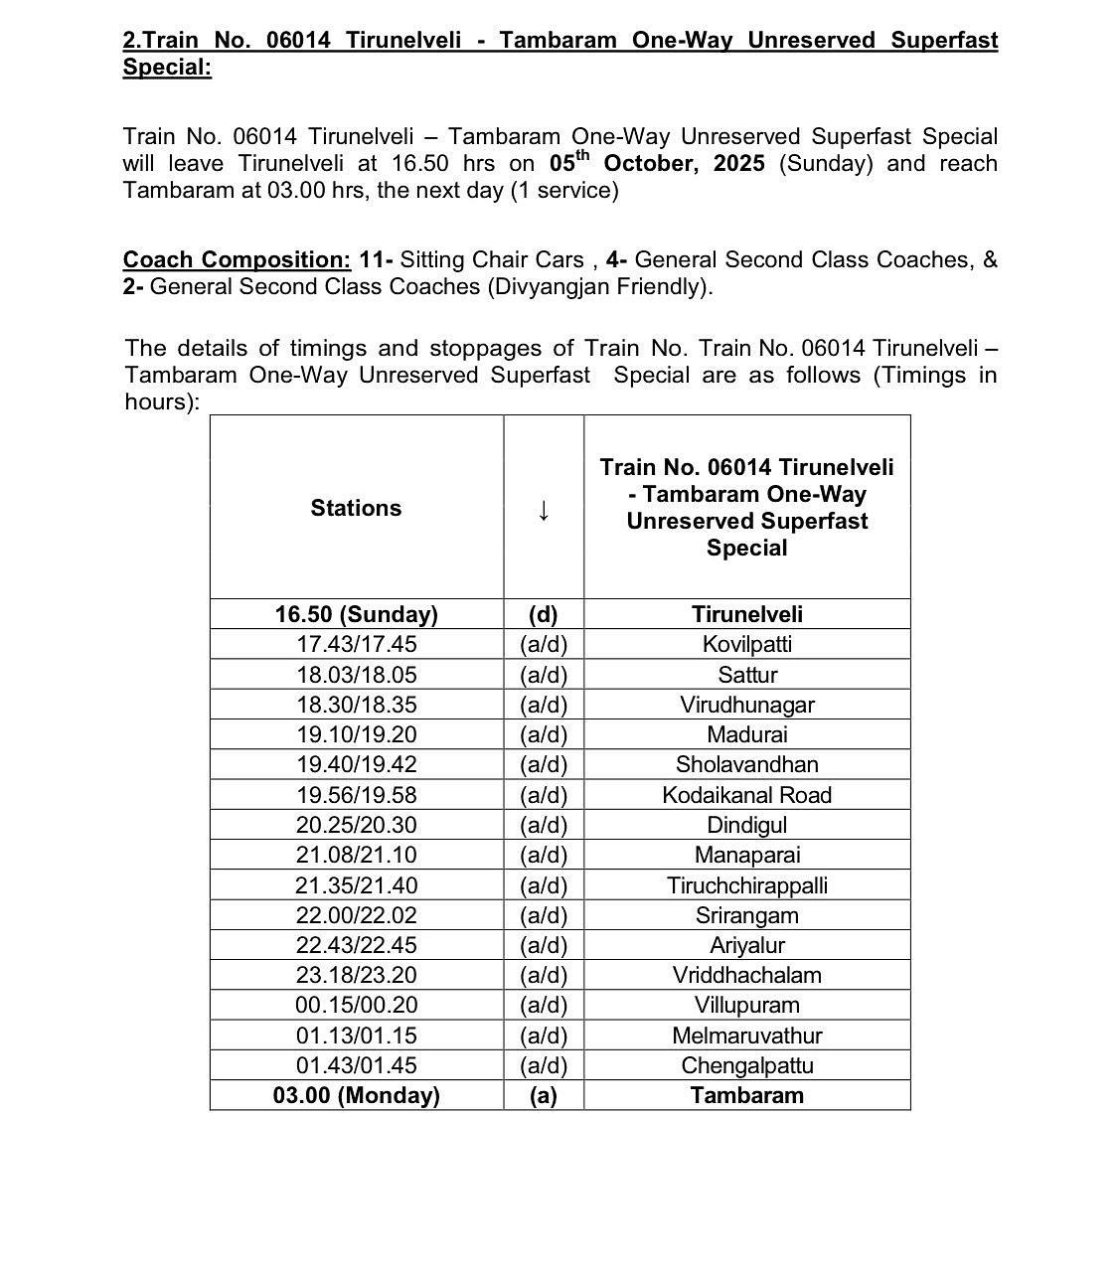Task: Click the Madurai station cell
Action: tap(746, 734)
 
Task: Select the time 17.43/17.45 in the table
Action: tap(356, 644)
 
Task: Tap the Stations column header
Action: tap(356, 508)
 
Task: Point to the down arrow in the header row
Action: tap(543, 510)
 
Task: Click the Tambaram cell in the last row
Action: tap(746, 1095)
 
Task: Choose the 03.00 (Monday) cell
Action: tap(356, 1095)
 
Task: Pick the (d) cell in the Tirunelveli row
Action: tap(543, 614)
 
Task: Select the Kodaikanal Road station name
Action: tap(746, 795)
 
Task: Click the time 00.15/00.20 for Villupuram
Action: tap(356, 1005)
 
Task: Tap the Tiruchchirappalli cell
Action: tap(746, 885)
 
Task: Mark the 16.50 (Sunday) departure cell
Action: tap(356, 614)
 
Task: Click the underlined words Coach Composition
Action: tap(237, 259)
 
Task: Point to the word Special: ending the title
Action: tap(167, 68)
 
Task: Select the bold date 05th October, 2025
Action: tap(657, 162)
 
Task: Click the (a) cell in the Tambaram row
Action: tap(543, 1095)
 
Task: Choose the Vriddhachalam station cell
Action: tap(746, 975)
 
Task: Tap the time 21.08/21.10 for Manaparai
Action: tap(356, 855)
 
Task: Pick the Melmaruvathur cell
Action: tap(746, 1036)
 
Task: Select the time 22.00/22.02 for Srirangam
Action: tap(356, 915)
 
